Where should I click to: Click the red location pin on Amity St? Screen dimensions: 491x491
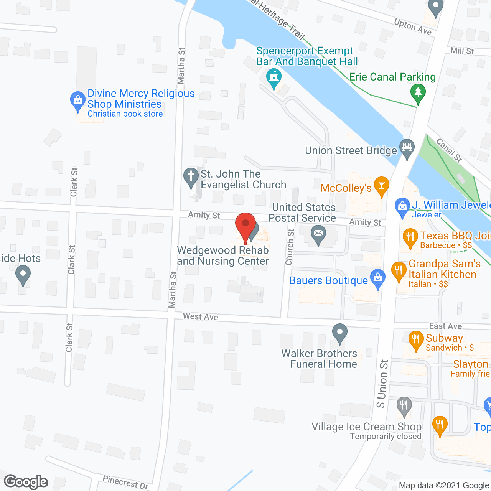tap(245, 224)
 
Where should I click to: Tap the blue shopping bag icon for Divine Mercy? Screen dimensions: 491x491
tap(78, 101)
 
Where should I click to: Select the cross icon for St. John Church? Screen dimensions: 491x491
tap(191, 177)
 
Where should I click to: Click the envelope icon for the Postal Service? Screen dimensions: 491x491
tap(318, 234)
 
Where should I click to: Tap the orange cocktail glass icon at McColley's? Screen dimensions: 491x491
tap(381, 186)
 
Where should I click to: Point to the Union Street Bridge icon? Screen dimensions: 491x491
tap(407, 147)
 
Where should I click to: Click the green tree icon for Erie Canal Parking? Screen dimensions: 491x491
tap(418, 93)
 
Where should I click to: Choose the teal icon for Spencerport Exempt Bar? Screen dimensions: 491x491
tap(274, 77)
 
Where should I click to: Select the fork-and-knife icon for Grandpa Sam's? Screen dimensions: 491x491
tap(399, 271)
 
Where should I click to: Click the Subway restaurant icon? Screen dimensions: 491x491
tap(416, 340)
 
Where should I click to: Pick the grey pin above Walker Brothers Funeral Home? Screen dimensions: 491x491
tap(339, 332)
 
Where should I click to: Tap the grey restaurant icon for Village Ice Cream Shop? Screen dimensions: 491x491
tap(404, 405)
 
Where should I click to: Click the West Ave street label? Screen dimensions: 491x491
tap(201, 316)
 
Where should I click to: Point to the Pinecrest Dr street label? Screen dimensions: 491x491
tap(125, 482)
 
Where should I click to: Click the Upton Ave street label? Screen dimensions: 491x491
tap(413, 27)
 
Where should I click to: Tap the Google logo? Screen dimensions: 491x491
tap(26, 482)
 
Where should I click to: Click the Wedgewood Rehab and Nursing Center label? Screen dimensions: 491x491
tap(223, 255)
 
